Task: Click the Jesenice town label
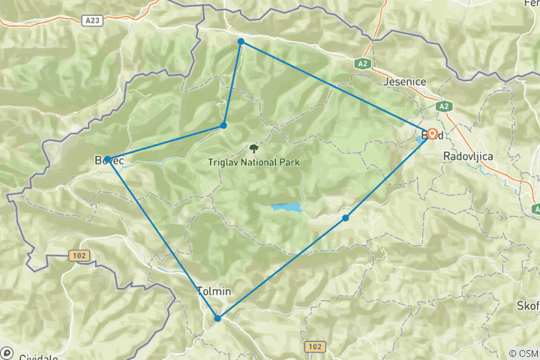click(x=406, y=81)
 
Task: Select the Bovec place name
click(x=109, y=161)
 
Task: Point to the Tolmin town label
click(x=214, y=291)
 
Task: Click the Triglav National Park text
click(x=254, y=161)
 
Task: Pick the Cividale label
click(x=38, y=357)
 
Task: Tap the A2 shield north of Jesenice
click(x=363, y=64)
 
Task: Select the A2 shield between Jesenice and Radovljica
click(x=443, y=106)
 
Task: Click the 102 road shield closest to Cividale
click(x=78, y=256)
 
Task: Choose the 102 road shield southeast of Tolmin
click(x=315, y=346)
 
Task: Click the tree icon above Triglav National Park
click(x=253, y=148)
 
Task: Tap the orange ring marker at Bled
click(x=433, y=134)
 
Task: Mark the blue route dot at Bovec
click(x=108, y=159)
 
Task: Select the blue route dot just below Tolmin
click(x=217, y=318)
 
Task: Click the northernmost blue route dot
click(x=241, y=41)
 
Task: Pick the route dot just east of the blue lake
click(x=345, y=218)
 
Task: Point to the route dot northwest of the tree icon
click(x=223, y=125)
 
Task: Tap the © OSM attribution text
click(x=523, y=353)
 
